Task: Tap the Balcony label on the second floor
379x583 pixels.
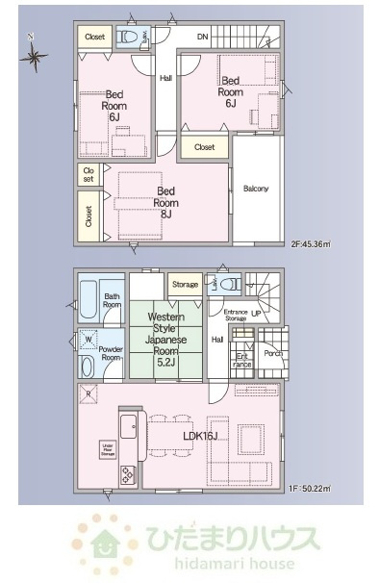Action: pyautogui.click(x=256, y=188)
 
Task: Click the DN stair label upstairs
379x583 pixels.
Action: pyautogui.click(x=203, y=38)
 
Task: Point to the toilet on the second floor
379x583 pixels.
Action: pyautogui.click(x=127, y=38)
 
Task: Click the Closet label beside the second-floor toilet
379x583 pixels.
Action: pyautogui.click(x=94, y=37)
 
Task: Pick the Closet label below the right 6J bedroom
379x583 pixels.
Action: pyautogui.click(x=204, y=147)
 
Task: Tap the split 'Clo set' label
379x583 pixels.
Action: pyautogui.click(x=88, y=174)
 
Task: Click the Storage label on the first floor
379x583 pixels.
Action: pyautogui.click(x=185, y=285)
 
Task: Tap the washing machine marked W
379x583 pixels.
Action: pyautogui.click(x=88, y=339)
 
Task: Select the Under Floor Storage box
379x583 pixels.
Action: pyautogui.click(x=109, y=446)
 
